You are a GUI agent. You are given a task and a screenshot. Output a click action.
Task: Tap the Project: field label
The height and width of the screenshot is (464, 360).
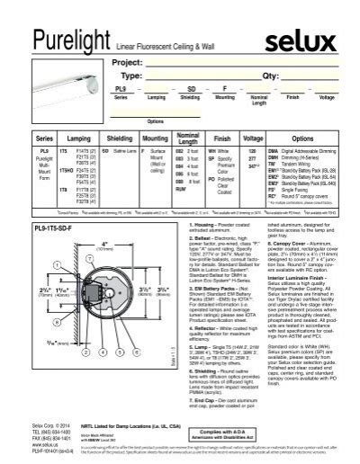click(x=127, y=64)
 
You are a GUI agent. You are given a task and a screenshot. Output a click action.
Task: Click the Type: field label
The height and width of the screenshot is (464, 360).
click(x=124, y=77)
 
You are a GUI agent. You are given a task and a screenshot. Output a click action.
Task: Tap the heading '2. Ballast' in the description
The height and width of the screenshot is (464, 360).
click(x=209, y=255)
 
